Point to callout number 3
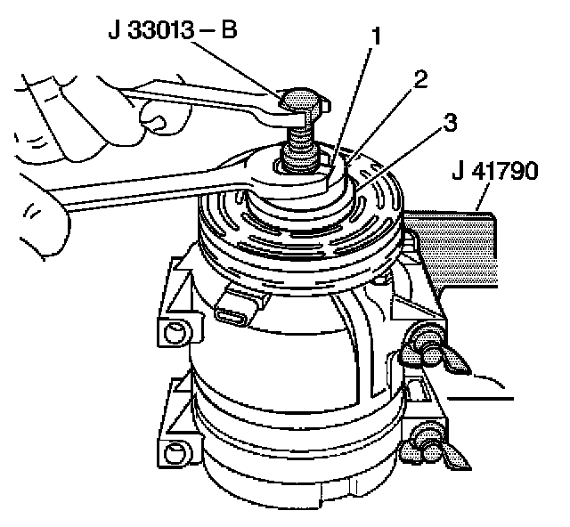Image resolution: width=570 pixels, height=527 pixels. [x=451, y=123]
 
